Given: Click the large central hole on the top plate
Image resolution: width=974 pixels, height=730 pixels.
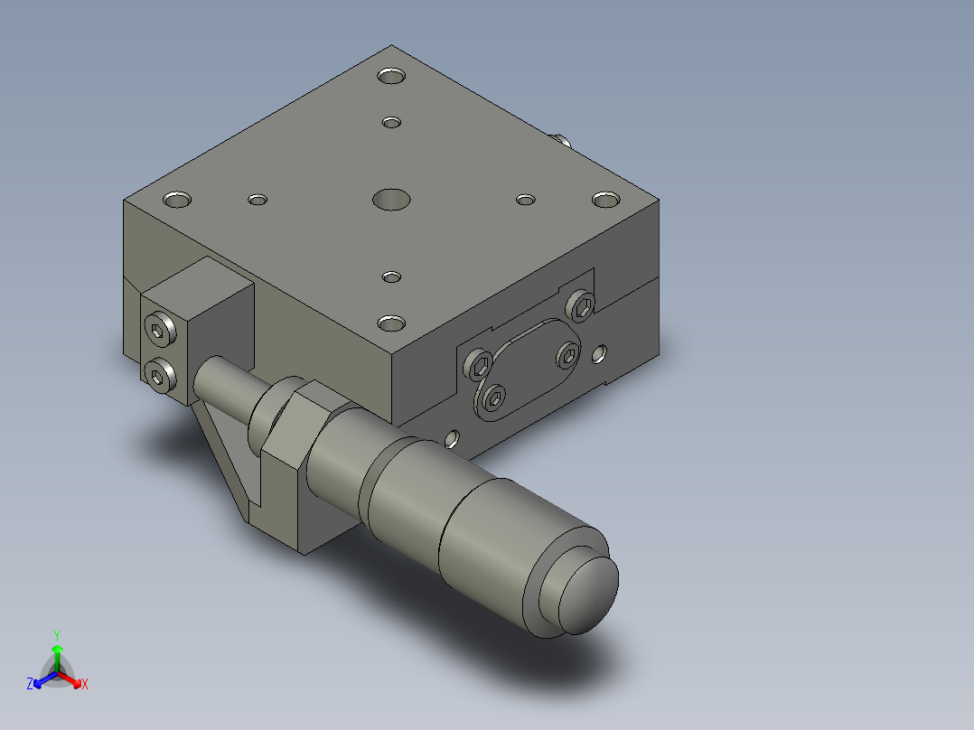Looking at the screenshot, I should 391,199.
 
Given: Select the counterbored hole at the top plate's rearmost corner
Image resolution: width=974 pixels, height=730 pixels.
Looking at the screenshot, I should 392,76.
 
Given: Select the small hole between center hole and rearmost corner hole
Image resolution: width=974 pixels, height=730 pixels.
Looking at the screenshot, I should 391,122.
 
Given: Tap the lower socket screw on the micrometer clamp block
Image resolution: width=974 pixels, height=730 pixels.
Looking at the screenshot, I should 162,374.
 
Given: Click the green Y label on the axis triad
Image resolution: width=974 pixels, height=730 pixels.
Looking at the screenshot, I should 56,635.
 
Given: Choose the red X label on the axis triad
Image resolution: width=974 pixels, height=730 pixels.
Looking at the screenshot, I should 85,685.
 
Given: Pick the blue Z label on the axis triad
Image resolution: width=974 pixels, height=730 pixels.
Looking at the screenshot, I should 30,685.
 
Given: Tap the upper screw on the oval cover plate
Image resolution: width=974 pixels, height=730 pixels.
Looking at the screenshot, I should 567,356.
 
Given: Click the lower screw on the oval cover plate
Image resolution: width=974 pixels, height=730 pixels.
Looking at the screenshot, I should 494,398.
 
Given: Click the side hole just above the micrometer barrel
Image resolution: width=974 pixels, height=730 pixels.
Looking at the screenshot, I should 453,440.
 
